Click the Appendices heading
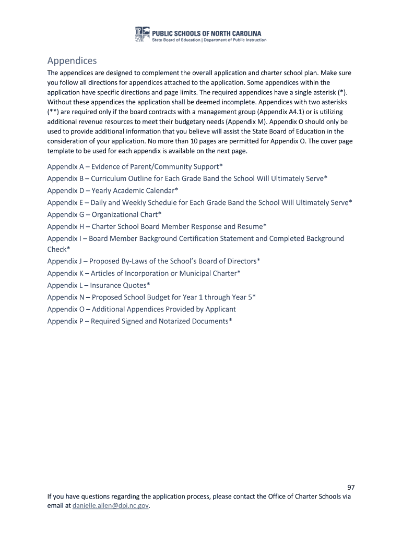click(x=72, y=60)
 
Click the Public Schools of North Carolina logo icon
click(x=142, y=34)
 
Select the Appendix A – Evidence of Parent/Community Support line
click(x=135, y=166)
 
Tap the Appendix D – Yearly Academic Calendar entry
click(x=113, y=190)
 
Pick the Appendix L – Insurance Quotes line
click(x=99, y=285)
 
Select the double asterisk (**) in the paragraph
click(x=54, y=112)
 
